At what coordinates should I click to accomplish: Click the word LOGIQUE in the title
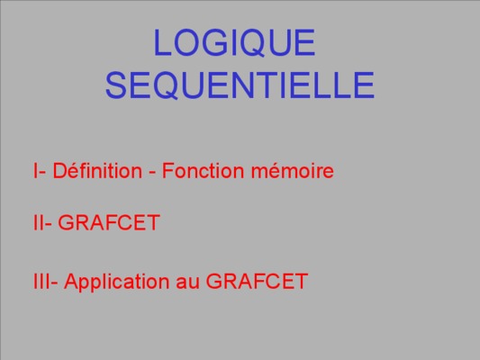point(234,42)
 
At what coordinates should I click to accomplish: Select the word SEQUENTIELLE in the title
point(240,85)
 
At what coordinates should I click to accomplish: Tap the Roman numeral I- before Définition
point(40,170)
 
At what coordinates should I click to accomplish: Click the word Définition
point(97,170)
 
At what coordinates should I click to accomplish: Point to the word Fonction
point(203,170)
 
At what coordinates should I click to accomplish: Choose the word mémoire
point(293,170)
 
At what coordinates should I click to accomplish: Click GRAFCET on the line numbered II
point(109,222)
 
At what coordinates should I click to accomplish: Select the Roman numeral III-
point(45,282)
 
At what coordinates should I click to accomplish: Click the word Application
point(117,282)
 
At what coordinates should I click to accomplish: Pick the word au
point(187,283)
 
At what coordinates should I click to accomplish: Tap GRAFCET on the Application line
point(257,282)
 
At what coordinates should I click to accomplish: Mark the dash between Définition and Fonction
point(152,172)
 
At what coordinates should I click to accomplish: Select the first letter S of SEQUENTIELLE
point(116,85)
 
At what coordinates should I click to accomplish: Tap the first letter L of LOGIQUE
point(162,42)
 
